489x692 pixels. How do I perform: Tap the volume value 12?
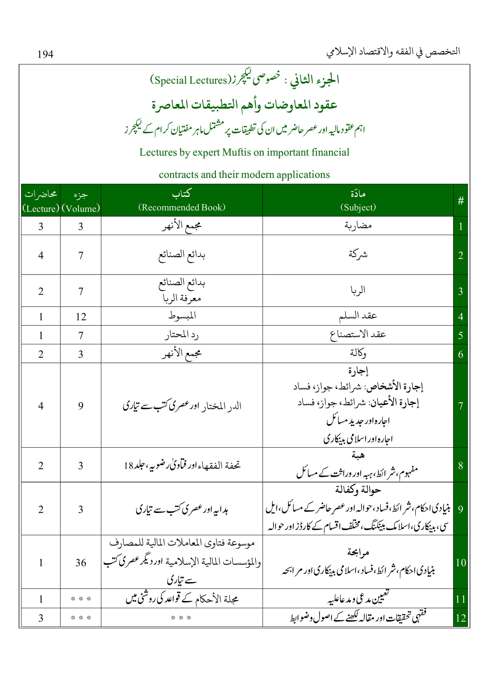81,317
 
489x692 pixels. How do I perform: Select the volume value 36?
81,562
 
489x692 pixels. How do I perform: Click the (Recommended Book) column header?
182,207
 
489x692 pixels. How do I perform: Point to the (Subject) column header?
358,207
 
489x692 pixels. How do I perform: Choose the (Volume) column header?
81,209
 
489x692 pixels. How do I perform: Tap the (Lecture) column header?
41,209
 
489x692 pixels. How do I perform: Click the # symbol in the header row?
460,201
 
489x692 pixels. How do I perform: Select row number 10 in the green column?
460,562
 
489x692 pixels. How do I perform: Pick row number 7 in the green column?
460,406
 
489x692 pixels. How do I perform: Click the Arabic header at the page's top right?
393,52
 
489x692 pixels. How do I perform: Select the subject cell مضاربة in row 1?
358,226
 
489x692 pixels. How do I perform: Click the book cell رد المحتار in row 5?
182,335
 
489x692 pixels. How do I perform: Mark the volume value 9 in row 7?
81,406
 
